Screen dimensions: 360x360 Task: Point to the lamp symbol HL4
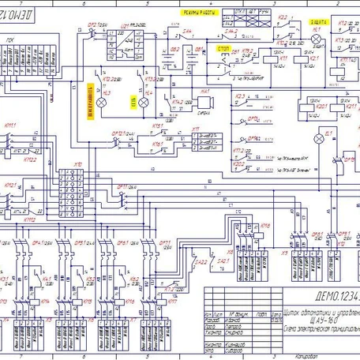[x=144, y=103]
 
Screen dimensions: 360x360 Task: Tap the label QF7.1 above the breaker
[x=165, y=243]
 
